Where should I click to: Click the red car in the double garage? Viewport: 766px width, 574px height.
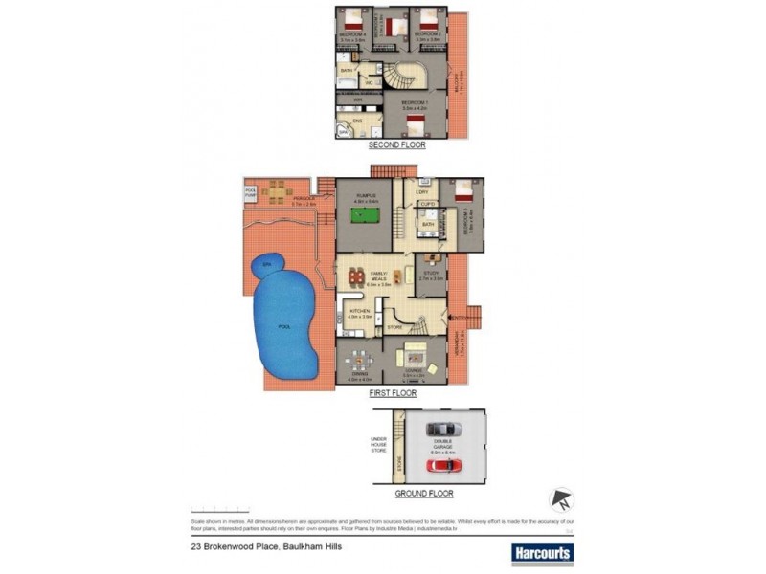click(442, 466)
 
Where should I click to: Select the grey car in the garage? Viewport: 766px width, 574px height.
click(442, 429)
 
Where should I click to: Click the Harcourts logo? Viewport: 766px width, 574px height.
click(543, 552)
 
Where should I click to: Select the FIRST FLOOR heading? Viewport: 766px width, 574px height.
click(392, 392)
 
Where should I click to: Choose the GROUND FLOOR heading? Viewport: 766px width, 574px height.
click(424, 494)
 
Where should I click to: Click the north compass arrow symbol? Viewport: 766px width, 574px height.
click(560, 499)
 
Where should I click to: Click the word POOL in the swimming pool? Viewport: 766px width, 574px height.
click(283, 326)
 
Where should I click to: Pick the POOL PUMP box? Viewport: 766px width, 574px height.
click(251, 191)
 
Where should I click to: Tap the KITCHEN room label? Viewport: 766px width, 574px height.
click(360, 312)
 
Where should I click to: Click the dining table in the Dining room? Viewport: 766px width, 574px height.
click(358, 362)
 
